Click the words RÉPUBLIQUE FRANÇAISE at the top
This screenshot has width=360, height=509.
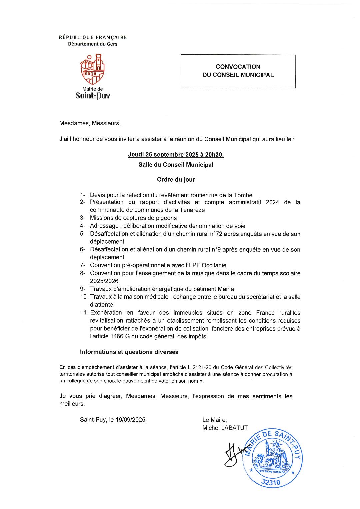93,38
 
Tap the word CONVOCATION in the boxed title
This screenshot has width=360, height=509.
238,67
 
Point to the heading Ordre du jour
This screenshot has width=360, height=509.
176,180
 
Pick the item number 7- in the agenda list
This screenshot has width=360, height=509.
83,265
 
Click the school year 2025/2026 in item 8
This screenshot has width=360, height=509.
104,281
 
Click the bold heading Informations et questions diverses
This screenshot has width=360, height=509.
129,352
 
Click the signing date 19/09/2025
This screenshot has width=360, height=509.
132,420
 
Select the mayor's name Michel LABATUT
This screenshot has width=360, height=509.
225,428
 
